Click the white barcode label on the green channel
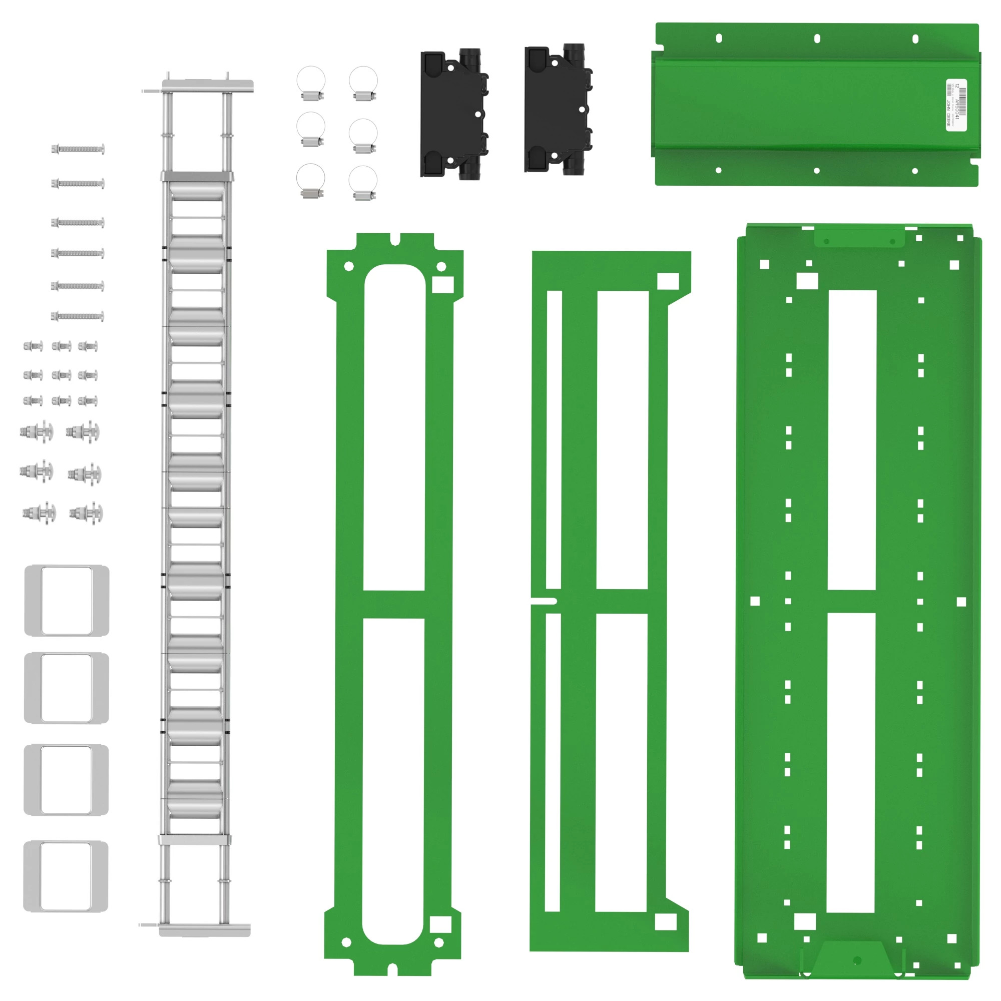tap(956, 105)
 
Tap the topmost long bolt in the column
tap(78, 149)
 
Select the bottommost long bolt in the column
tap(78, 316)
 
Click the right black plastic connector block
tap(558, 110)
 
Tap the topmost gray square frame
tap(67, 601)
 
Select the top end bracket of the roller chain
tap(207, 86)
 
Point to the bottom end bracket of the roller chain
tap(204, 930)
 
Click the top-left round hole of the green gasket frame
tap(349, 266)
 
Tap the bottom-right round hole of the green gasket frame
tap(438, 942)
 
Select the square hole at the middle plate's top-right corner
tap(668, 281)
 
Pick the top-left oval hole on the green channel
tap(719, 39)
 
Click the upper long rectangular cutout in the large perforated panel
tap(852, 440)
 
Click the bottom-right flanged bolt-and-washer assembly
tap(86, 514)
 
